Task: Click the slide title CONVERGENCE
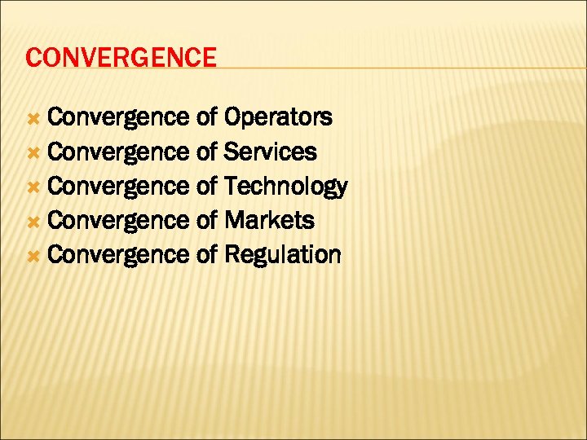pyautogui.click(x=121, y=58)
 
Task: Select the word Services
pyautogui.click(x=271, y=152)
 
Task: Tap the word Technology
pyautogui.click(x=285, y=187)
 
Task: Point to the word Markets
pyautogui.click(x=269, y=220)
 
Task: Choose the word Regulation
pyautogui.click(x=282, y=255)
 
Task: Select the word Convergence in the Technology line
pyautogui.click(x=118, y=187)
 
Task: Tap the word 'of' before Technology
pyautogui.click(x=206, y=187)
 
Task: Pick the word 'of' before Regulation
pyautogui.click(x=206, y=255)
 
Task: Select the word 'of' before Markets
pyautogui.click(x=206, y=221)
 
